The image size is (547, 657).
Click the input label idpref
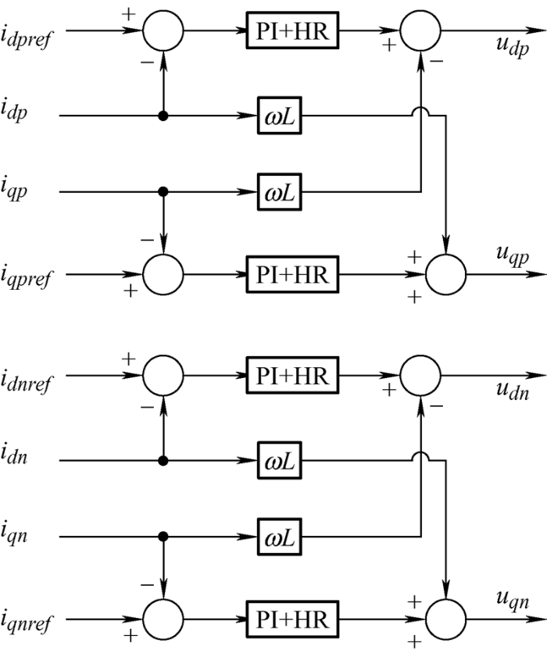pos(27,38)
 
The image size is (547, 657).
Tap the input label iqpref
pos(27,276)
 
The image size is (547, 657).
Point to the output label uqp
pos(512,255)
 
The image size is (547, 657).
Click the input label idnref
pos(27,381)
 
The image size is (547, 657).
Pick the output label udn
pos(512,391)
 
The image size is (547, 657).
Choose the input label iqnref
pos(27,621)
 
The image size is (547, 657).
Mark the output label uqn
pos(512,600)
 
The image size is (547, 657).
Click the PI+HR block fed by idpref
pos(292,30)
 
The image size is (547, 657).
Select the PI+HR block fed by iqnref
pos(292,620)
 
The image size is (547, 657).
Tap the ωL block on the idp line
pos(280,116)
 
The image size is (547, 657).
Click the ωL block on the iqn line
pos(280,537)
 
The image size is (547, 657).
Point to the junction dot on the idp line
pos(163,116)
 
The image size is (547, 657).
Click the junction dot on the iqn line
pos(163,537)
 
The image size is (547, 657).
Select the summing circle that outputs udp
pos(420,30)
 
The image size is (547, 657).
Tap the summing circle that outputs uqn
pos(446,620)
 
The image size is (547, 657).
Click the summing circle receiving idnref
pos(163,376)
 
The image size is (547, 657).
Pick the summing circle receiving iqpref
pos(163,274)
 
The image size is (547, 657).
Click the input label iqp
pos(14,190)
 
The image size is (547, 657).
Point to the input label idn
pos(14,455)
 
